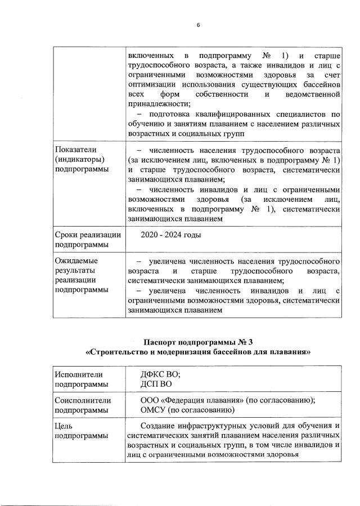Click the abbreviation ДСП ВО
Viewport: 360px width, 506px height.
(x=155, y=385)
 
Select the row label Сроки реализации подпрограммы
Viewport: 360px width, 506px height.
(x=83, y=240)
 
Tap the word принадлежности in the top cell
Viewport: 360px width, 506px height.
(x=159, y=103)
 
